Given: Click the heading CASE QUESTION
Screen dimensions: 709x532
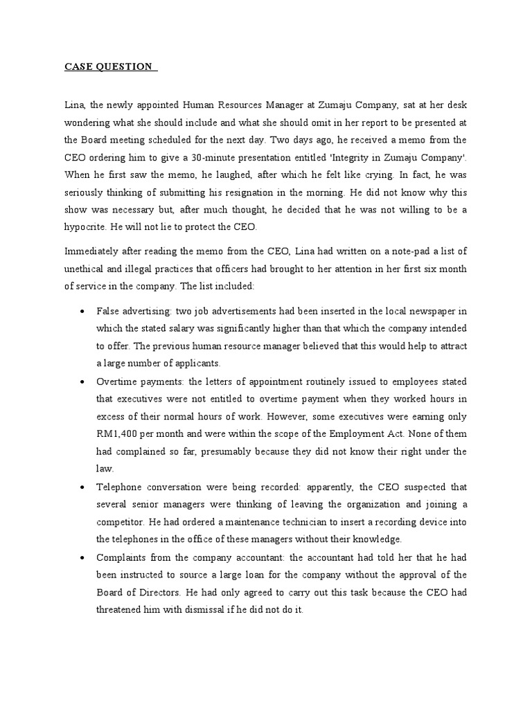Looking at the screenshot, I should click(x=109, y=66).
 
